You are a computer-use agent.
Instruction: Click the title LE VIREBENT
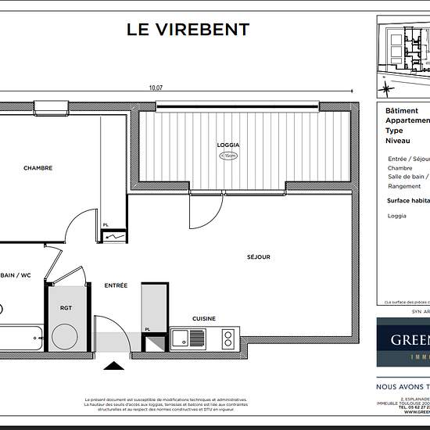188,30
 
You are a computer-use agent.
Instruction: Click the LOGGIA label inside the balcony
228,145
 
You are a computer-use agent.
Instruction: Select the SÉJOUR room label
258,256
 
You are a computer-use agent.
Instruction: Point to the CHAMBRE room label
38,168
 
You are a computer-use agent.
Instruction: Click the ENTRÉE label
116,285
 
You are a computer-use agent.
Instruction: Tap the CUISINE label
204,318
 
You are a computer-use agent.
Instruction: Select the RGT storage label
66,308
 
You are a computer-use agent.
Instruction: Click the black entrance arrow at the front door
114,364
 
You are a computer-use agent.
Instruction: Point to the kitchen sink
188,339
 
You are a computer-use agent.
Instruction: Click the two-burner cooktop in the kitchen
228,339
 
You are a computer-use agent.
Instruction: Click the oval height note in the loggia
228,156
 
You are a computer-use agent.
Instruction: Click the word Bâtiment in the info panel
402,111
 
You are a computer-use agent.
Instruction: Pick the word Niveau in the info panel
398,142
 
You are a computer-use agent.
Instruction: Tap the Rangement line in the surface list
404,186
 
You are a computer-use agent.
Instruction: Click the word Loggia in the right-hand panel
397,216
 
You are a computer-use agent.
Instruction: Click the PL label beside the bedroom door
106,225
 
